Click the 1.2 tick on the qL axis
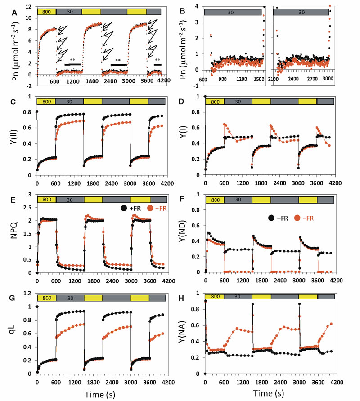click(x=28, y=294)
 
